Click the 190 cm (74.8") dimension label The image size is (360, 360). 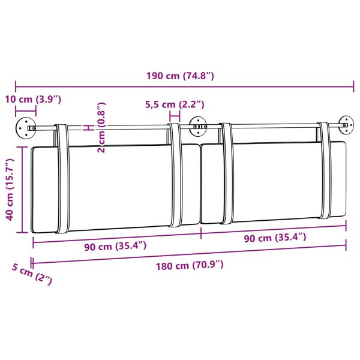[180, 76]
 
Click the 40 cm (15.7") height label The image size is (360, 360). [9, 190]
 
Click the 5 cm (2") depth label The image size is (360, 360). [31, 274]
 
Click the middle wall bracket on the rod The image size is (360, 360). [197, 126]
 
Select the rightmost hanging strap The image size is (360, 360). [324, 171]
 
